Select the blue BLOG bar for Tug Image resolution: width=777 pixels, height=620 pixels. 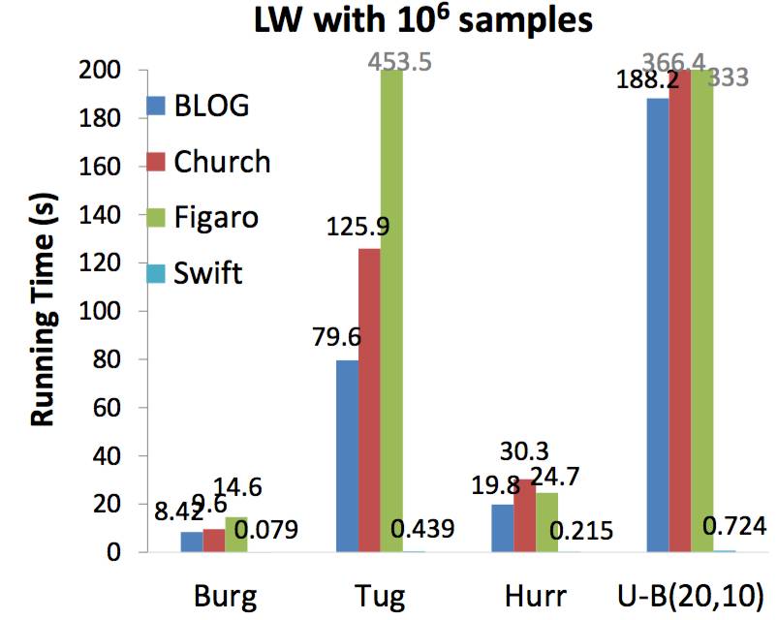pos(347,455)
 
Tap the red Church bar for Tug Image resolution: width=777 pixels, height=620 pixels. pos(369,399)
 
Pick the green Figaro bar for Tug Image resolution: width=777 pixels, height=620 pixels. pos(391,310)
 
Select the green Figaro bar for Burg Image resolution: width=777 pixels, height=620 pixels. pos(236,534)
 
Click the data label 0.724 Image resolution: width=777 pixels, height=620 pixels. pos(733,527)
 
